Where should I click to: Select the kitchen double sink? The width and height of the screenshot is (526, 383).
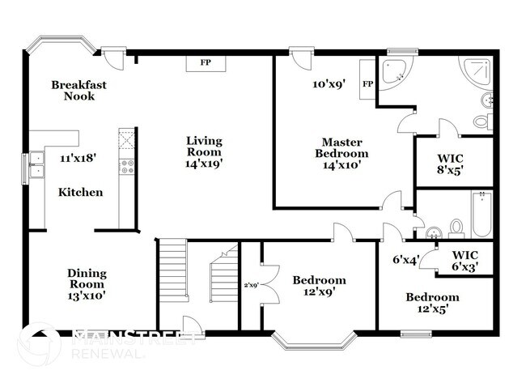[36, 170]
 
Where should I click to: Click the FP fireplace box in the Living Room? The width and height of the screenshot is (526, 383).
[206, 63]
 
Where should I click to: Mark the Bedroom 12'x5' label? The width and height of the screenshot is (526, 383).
[431, 302]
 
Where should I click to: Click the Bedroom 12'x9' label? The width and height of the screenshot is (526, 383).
[319, 286]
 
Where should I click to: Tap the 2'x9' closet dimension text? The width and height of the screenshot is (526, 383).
[250, 284]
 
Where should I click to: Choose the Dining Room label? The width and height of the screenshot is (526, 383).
[86, 284]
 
